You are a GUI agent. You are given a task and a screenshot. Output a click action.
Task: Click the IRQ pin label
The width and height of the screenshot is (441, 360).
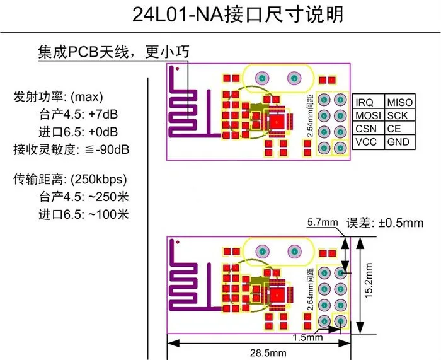coord(365,102)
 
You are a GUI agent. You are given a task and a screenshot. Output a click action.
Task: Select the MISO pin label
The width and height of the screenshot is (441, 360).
coord(400,102)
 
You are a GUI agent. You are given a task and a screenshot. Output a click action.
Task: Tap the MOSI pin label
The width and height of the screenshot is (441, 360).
coord(368,115)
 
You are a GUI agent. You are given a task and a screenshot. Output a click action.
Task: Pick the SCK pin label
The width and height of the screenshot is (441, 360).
coord(398,115)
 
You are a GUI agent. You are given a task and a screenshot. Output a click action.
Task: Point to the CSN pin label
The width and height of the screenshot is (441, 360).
coord(366,129)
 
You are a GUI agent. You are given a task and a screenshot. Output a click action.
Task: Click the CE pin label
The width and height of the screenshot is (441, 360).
coord(394,129)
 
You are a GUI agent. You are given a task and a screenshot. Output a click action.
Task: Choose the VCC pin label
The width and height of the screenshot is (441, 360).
coord(366,142)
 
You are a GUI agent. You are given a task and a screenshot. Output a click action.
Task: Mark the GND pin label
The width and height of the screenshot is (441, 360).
coord(398,142)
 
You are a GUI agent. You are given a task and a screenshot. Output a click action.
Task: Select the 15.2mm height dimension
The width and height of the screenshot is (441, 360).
coord(370,284)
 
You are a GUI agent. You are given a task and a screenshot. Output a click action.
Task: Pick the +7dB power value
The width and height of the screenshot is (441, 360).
coord(104,115)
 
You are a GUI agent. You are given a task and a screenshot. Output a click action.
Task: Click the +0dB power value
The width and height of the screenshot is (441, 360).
coord(104,132)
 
